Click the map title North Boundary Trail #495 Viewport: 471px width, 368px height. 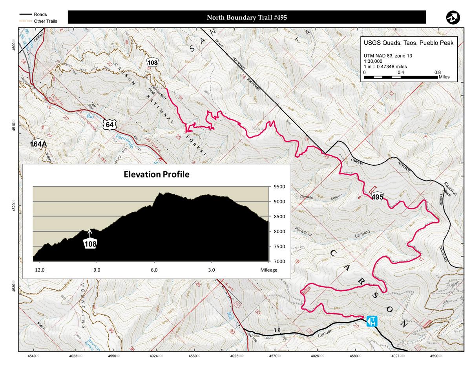(246, 17)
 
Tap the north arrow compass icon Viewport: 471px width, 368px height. (453, 18)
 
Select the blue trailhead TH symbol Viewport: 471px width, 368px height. (372, 321)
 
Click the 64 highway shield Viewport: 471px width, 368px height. (110, 124)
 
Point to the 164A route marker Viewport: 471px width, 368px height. (38, 144)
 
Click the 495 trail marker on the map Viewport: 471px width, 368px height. (377, 197)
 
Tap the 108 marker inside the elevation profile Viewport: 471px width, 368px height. (91, 243)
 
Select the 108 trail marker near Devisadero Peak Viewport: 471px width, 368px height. (153, 62)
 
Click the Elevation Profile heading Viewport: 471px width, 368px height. (157, 174)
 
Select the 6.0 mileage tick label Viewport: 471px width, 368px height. (154, 270)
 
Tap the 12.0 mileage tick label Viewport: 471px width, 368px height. (40, 270)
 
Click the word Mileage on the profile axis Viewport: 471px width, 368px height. (269, 270)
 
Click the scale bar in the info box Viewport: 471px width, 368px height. (401, 77)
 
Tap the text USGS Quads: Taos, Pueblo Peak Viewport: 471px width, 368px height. (409, 43)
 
